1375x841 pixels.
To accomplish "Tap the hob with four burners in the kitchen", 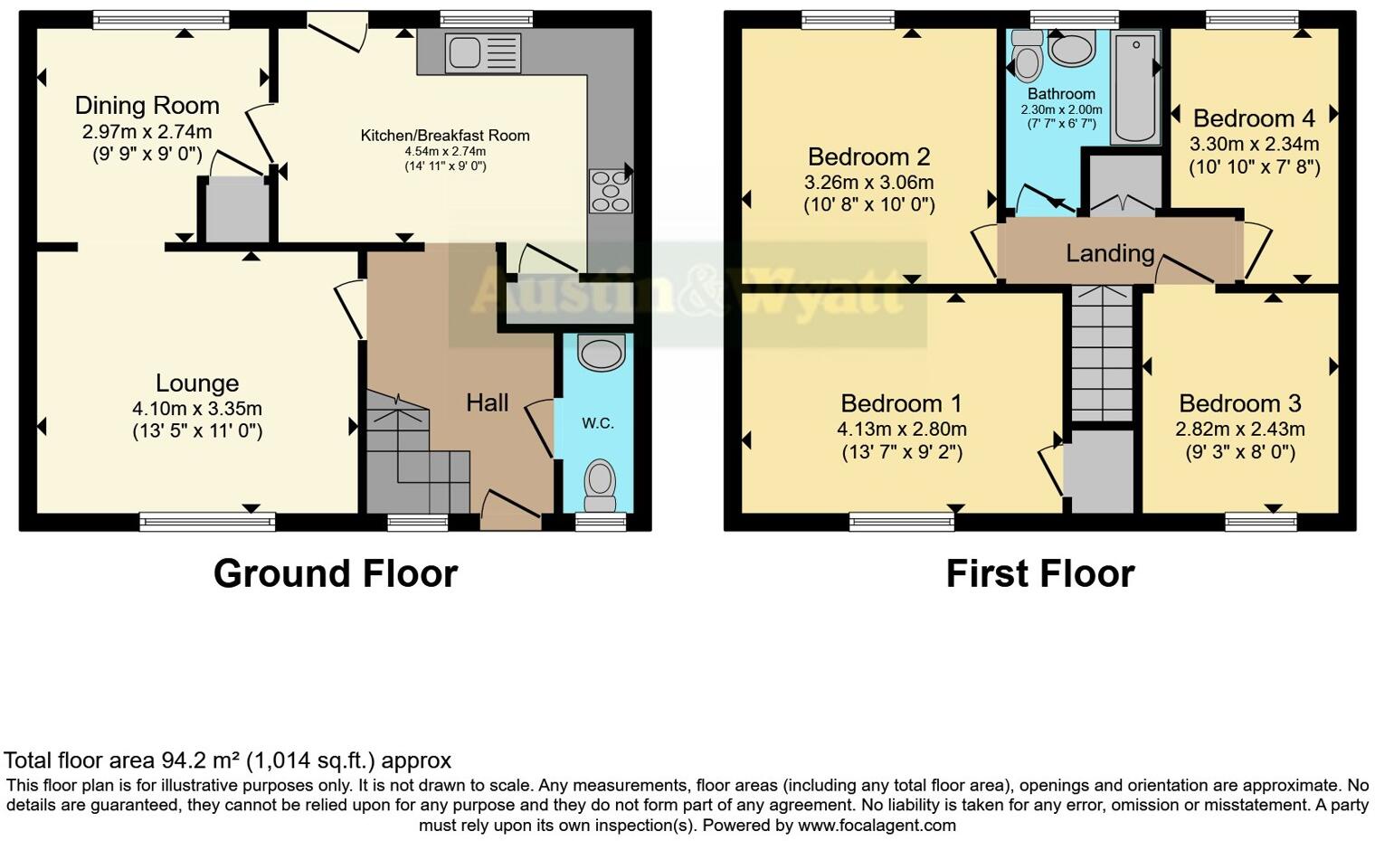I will point(610,191).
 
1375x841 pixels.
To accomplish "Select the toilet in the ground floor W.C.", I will point(600,484).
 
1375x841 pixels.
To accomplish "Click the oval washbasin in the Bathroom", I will point(1073,49).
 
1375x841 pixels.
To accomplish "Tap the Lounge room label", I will point(197,383).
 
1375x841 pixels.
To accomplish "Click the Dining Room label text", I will point(147,106).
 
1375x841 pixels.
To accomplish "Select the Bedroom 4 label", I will point(1254,118).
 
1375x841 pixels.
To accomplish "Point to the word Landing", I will point(1110,253).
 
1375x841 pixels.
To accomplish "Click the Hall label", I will point(487,402).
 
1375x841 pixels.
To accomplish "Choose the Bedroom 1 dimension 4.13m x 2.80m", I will point(901,429).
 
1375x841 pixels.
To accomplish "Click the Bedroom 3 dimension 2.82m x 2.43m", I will point(1239,429).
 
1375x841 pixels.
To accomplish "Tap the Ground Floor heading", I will point(335,573).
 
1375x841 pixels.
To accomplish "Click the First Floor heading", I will point(1039,573).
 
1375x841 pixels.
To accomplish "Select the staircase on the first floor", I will point(1102,353).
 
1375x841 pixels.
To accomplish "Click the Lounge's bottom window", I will point(207,521).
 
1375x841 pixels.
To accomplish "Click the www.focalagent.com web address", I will point(877,825).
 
